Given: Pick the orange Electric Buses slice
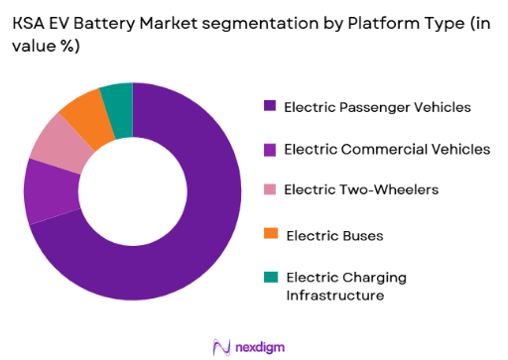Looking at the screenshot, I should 81,111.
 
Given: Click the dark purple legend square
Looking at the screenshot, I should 270,105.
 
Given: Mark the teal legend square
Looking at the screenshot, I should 270,278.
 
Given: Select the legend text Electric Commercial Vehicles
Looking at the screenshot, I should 386,149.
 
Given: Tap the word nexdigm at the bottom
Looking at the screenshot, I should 264,345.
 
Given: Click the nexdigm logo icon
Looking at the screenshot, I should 221,345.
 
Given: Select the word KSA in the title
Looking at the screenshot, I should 35,22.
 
